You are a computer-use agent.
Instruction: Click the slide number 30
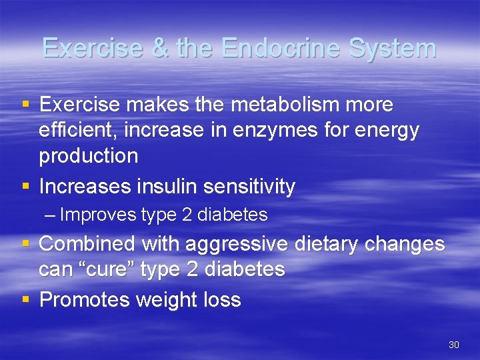point(454,345)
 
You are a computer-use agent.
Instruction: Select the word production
point(88,156)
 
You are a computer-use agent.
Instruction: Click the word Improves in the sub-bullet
point(99,215)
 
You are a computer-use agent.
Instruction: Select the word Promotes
point(84,299)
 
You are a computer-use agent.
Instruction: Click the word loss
point(223,299)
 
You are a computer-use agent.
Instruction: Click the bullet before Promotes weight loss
point(25,299)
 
